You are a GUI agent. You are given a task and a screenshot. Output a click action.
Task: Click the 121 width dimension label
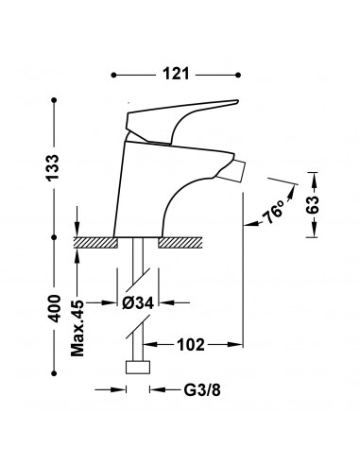click(176, 75)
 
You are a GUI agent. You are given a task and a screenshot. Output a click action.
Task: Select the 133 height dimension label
click(53, 167)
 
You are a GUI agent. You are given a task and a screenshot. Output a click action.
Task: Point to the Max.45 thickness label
click(77, 328)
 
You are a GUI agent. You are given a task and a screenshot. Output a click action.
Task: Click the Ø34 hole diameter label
click(138, 303)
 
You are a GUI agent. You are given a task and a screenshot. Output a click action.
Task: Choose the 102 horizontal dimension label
click(191, 345)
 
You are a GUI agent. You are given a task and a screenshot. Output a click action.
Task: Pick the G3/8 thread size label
click(202, 390)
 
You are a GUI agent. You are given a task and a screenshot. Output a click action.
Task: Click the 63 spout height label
click(313, 205)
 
